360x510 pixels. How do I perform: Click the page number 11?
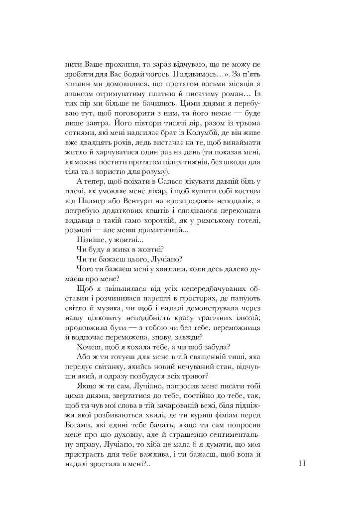tap(302, 463)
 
